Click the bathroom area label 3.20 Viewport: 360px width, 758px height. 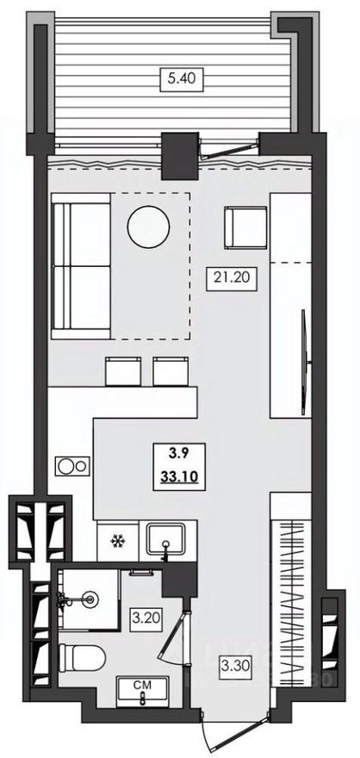[x=141, y=617]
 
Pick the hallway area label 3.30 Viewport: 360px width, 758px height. [x=233, y=665]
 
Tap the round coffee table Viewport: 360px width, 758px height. [x=148, y=227]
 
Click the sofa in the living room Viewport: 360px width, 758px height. [x=81, y=264]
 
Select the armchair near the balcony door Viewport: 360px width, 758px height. [x=245, y=227]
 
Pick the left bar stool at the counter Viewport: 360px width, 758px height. [x=121, y=371]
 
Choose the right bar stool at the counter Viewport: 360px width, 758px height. [x=170, y=371]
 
